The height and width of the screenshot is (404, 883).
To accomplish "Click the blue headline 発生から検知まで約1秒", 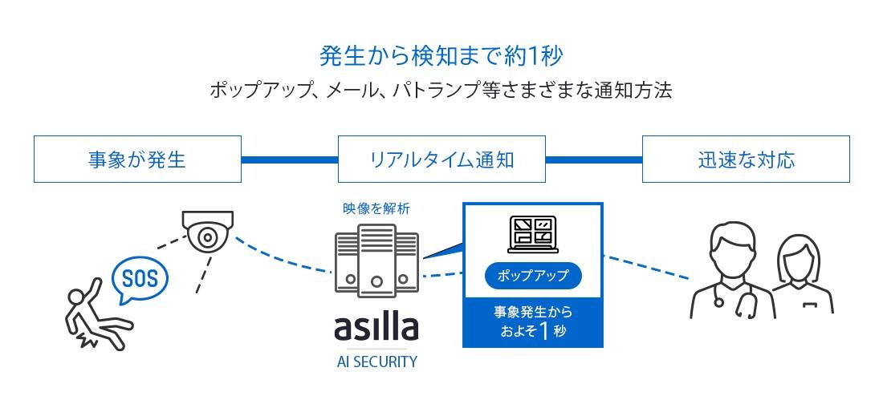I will [x=441, y=56].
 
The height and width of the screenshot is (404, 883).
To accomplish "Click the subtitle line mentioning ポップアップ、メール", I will [x=441, y=90].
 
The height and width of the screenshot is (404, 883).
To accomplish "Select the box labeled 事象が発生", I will [x=137, y=160].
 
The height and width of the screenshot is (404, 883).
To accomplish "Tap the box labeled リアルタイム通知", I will [x=441, y=160].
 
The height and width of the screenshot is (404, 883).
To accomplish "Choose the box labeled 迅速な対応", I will [x=746, y=160].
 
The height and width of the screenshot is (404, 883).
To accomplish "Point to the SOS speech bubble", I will [x=139, y=279].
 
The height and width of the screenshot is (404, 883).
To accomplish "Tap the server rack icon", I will [x=376, y=261].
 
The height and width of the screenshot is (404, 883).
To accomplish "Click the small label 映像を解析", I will [x=376, y=208].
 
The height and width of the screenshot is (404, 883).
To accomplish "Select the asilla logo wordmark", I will [x=376, y=328].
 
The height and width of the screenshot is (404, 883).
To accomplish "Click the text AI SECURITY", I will [x=376, y=362].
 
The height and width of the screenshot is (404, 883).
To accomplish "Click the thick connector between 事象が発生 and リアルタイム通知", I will [x=289, y=160].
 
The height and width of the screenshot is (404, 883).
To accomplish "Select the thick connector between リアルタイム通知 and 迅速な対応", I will [x=593, y=160].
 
